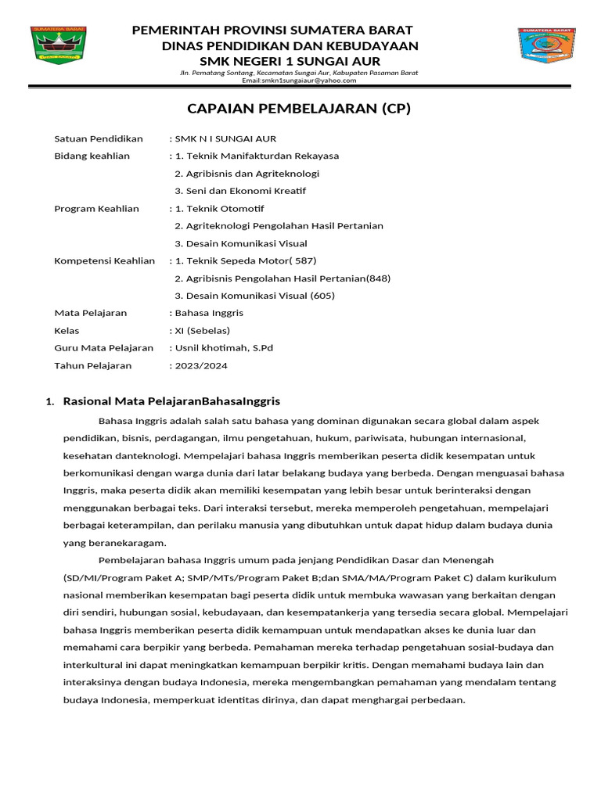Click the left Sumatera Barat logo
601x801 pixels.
[x=59, y=45]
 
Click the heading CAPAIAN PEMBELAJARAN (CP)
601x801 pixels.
[x=299, y=109]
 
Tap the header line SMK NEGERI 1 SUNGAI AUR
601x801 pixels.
[x=290, y=61]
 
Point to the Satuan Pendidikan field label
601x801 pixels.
[x=99, y=138]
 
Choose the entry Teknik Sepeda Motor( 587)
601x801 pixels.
[x=246, y=260]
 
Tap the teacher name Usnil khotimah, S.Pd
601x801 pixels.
[x=224, y=348]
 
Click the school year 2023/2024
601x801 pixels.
[x=200, y=365]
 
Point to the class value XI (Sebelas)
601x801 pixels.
[x=202, y=330]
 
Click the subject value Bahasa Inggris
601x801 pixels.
[x=209, y=313]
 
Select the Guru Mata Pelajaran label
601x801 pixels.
[x=103, y=348]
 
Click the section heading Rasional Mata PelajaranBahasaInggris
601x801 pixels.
[x=171, y=401]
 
